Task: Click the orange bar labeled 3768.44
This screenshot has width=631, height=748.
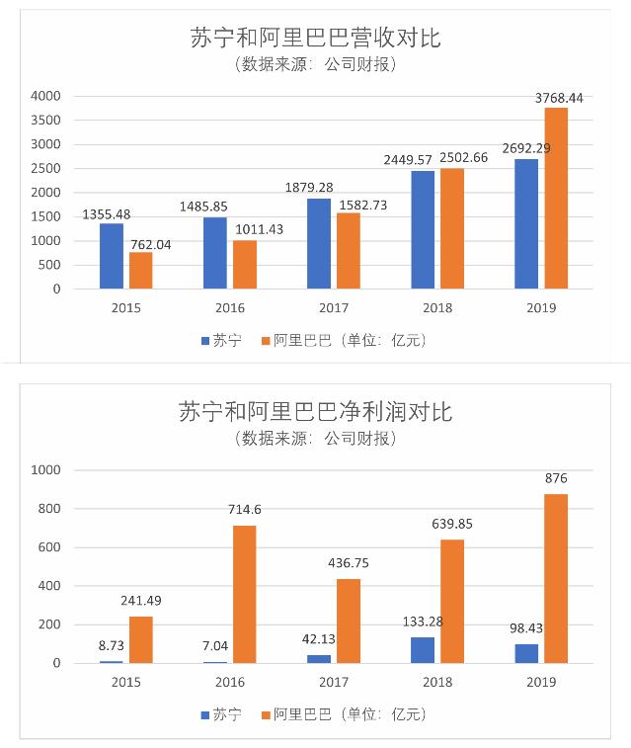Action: click(556, 199)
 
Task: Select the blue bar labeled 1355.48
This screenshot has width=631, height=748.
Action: click(112, 256)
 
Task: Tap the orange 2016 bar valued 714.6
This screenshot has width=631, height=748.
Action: click(244, 594)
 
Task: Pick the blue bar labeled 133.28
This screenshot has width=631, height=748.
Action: click(423, 650)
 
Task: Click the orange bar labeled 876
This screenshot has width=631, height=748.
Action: click(556, 578)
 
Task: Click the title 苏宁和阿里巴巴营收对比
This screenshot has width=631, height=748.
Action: click(315, 39)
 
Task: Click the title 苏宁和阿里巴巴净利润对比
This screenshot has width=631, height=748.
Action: click(315, 410)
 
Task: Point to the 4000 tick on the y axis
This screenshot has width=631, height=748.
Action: click(45, 96)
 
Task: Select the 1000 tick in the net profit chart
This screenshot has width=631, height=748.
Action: click(45, 470)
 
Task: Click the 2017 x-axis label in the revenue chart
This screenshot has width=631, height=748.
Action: click(333, 307)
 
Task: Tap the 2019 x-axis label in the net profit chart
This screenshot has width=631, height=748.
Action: click(541, 682)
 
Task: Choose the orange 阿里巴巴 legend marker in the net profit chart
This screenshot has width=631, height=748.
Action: click(265, 713)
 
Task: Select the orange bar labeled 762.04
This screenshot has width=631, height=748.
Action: click(141, 271)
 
